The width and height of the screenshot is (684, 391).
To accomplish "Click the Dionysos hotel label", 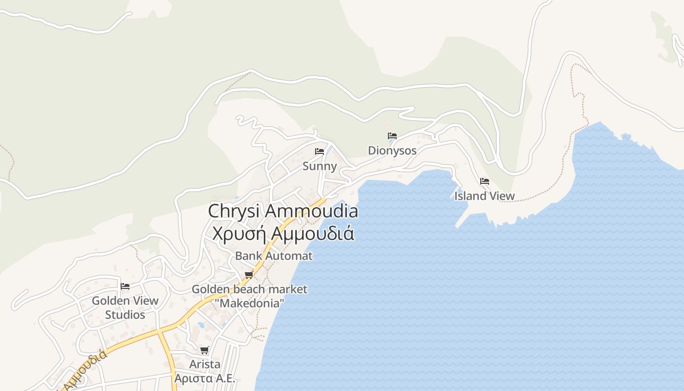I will (x=392, y=150).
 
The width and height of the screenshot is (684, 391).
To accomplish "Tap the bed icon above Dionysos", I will (x=392, y=136).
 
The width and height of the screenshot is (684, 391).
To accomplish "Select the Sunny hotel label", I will (x=320, y=166).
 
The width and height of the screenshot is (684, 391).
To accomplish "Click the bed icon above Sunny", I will (x=320, y=152).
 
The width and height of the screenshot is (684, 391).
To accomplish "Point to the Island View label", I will (x=484, y=196).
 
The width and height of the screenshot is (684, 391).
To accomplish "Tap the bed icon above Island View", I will (x=484, y=181).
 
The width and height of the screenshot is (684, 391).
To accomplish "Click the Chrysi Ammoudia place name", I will (x=283, y=211).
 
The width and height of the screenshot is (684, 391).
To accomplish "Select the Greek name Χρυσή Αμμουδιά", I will (x=283, y=233).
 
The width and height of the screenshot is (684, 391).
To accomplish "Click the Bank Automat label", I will (x=274, y=256).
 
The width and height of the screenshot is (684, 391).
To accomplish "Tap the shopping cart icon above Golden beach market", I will (x=249, y=275).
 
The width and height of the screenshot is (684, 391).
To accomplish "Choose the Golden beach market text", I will (x=249, y=289).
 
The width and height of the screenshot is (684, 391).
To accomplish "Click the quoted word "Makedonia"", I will (x=249, y=303).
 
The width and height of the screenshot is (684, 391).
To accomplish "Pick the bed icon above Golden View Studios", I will (x=125, y=286).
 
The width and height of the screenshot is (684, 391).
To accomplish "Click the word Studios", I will (x=125, y=315).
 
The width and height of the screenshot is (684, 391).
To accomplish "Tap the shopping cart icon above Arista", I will (x=205, y=350).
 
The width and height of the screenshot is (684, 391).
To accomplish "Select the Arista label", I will (x=205, y=364).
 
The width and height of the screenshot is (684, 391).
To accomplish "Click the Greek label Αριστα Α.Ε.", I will (x=205, y=378).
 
